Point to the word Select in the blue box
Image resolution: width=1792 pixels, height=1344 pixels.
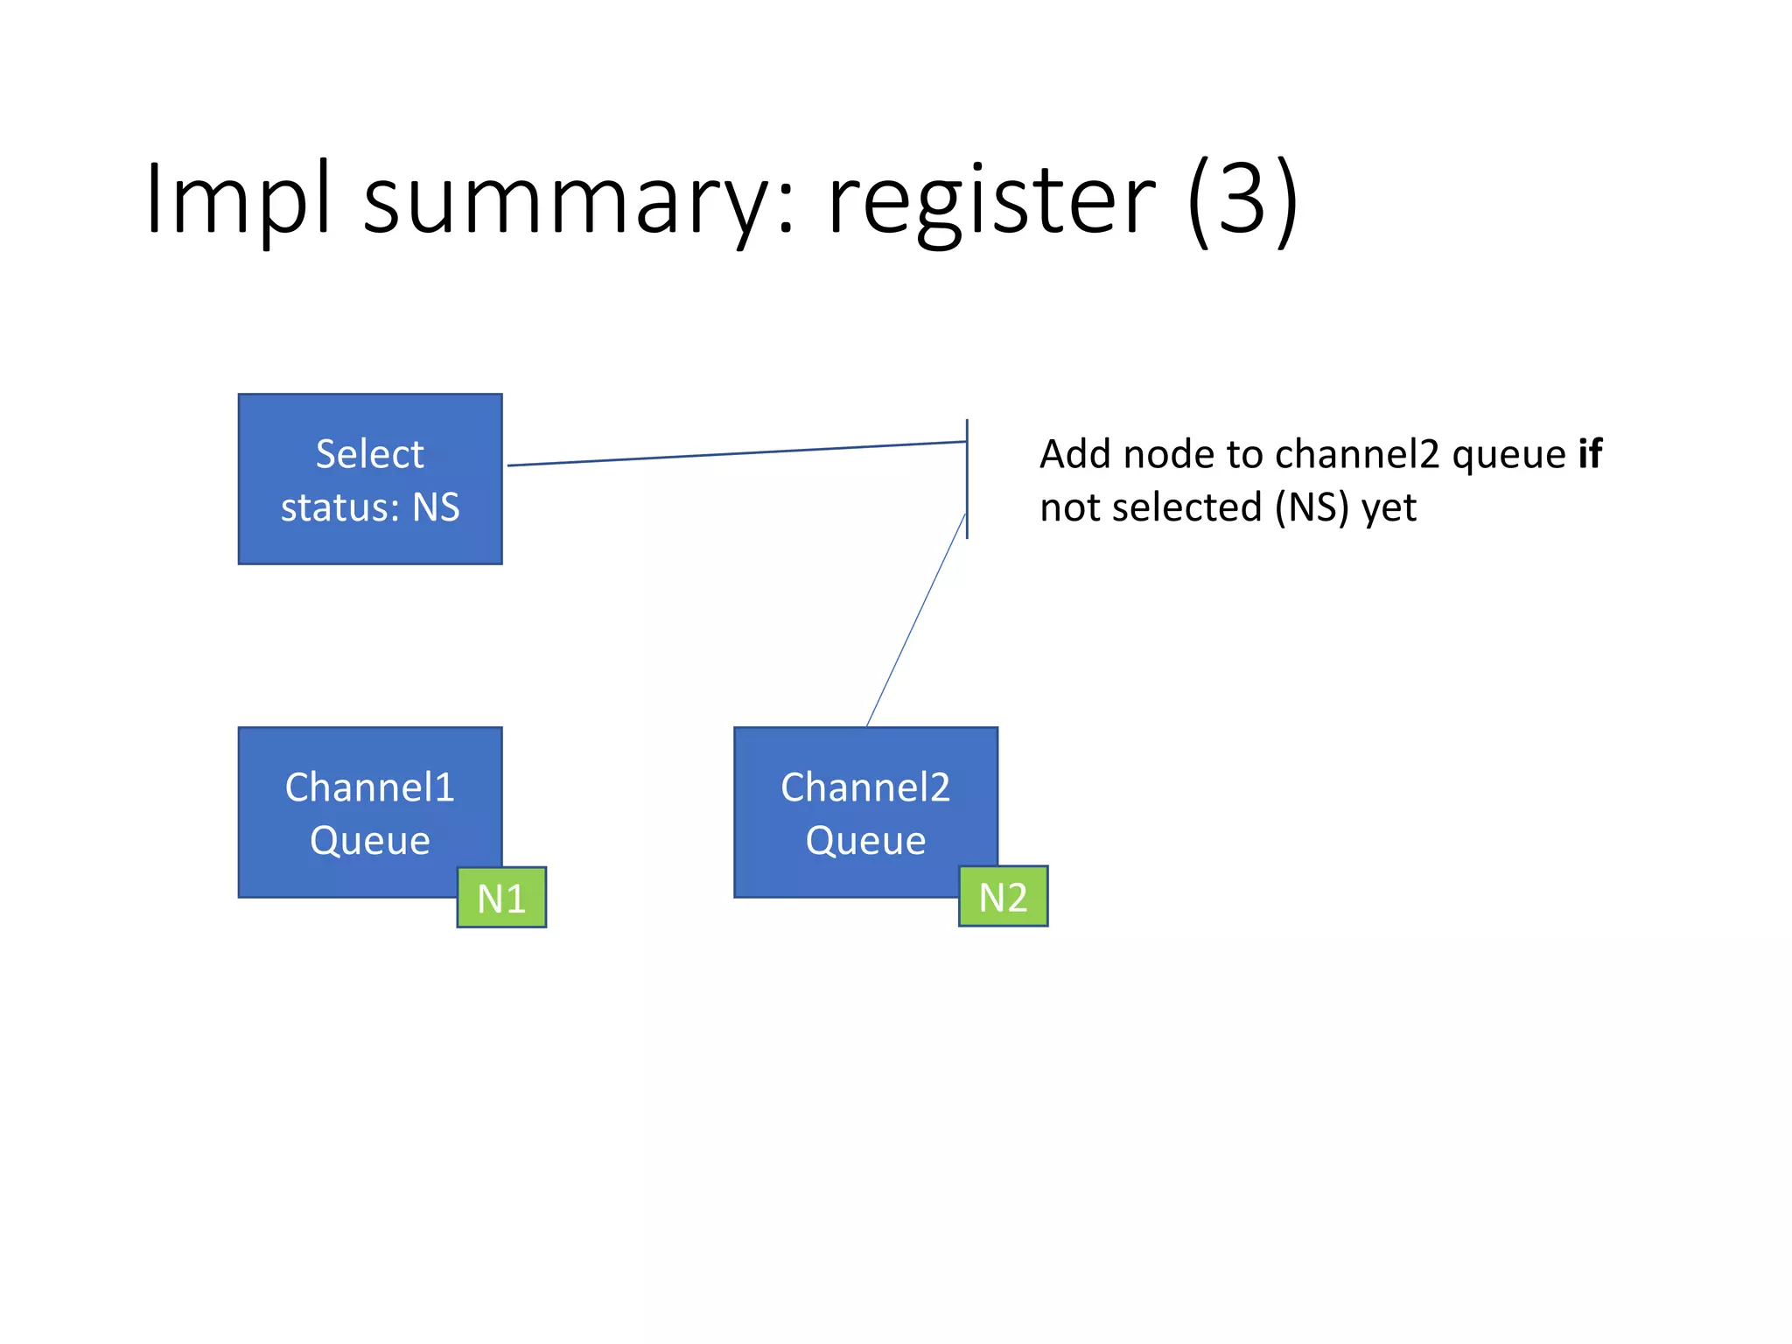[x=369, y=454]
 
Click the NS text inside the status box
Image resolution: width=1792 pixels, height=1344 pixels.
[x=436, y=507]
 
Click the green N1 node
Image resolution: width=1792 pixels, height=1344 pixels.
[x=501, y=898]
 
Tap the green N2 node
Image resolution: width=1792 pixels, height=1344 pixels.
[x=1003, y=897]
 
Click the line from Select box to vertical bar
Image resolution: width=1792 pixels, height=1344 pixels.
[x=735, y=453]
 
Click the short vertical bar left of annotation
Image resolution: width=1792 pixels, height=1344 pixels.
[x=967, y=479]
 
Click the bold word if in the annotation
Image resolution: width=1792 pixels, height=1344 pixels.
[x=1589, y=454]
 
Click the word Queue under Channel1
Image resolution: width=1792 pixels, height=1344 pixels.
[x=369, y=841]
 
